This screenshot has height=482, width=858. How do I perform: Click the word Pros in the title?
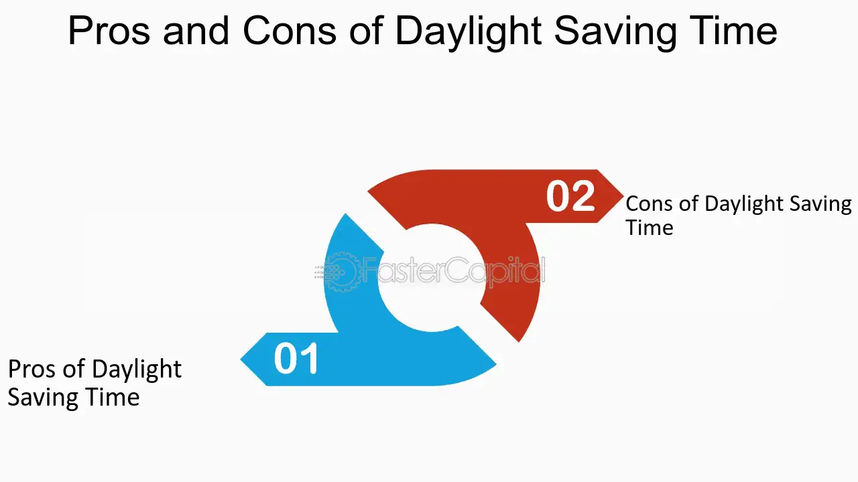tap(109, 31)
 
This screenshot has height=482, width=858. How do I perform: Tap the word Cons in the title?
tap(290, 31)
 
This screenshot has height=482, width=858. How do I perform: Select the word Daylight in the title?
tap(468, 33)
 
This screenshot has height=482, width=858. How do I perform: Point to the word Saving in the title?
tap(615, 33)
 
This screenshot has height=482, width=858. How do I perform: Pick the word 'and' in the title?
tap(196, 31)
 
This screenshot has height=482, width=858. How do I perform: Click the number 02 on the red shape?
tap(570, 196)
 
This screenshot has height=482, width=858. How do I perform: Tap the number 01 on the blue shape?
tap(296, 358)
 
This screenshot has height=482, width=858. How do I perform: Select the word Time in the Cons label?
tap(650, 228)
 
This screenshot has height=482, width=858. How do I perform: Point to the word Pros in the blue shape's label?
tap(32, 369)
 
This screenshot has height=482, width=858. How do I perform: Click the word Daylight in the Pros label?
tap(136, 370)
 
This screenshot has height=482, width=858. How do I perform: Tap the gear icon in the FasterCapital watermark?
tap(342, 272)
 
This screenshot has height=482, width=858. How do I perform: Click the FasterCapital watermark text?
tap(453, 271)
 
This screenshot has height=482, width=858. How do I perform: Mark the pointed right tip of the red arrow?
tap(623, 196)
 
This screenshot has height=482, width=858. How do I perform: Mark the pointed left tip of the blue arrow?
tap(241, 359)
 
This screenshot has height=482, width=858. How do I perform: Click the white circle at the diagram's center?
tap(432, 278)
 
